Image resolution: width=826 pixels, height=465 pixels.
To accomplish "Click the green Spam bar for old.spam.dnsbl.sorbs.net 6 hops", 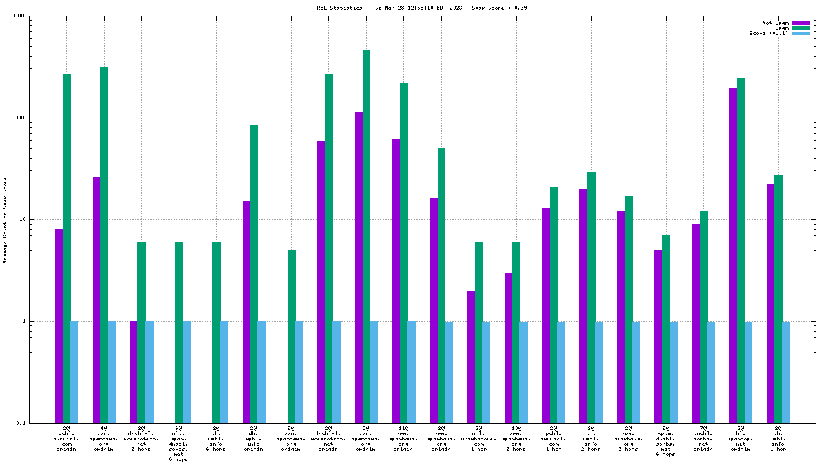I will pos(179,332).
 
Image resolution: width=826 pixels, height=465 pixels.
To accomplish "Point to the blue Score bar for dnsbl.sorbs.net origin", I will pos(711,371).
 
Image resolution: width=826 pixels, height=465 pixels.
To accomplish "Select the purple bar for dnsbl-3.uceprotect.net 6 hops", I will pos(134,371).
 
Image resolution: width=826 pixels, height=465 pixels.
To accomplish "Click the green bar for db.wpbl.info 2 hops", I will pos(591,297).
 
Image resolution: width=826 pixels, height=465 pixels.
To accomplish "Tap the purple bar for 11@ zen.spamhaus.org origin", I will pos(396,280).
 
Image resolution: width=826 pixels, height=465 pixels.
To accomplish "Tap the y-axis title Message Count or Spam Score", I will pos(5,220).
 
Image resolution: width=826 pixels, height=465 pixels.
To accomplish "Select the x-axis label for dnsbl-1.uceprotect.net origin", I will pos(328,439).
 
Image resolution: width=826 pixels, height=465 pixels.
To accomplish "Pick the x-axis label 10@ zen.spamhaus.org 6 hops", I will pos(516,439).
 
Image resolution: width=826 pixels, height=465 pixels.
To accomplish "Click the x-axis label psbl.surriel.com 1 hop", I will pos(554,439).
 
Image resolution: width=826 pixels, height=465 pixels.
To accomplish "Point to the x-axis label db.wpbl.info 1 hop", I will pos(778,439).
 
